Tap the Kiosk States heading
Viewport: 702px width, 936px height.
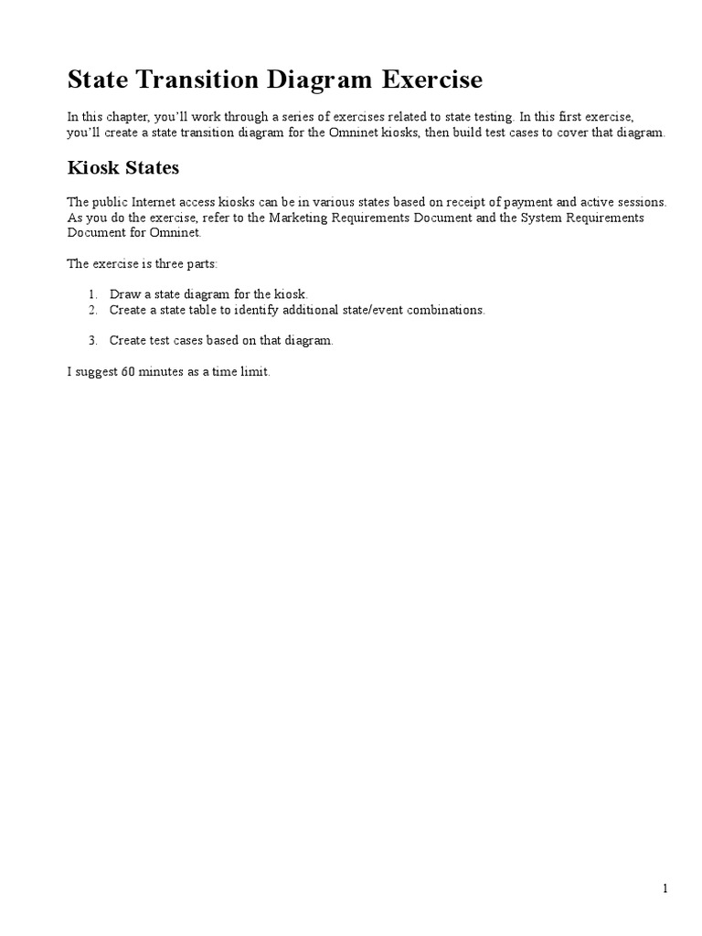pos(123,168)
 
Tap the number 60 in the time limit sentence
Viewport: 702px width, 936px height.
pos(128,374)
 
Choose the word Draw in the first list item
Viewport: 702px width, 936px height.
pos(123,294)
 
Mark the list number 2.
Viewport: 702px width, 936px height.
pos(92,310)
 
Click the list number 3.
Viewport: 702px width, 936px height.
pos(92,340)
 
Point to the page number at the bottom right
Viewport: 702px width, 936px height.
pos(666,888)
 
